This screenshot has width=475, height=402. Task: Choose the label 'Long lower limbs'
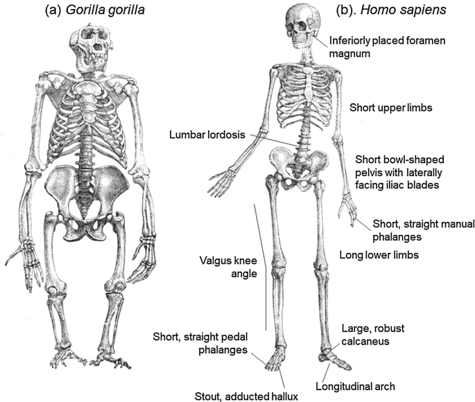tap(381, 255)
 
